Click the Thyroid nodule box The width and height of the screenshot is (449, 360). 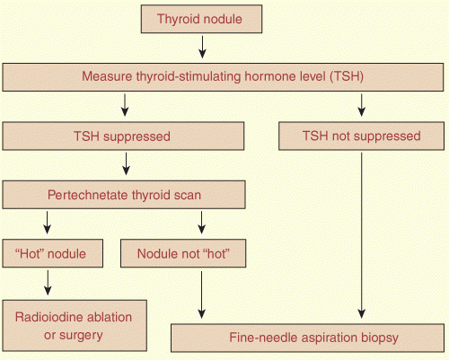coord(201,19)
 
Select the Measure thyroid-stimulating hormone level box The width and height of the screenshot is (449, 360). coord(223,77)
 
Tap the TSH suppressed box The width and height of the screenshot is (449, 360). coord(123,136)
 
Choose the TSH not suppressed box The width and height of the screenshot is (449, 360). coord(361,136)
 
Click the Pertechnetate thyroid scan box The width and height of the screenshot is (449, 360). coord(124,195)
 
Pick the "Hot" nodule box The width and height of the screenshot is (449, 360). coord(53,253)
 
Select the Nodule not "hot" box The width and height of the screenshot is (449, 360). coord(183,253)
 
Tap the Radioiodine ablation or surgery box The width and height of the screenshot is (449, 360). coord(75,326)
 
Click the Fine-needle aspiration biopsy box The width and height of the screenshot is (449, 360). coord(307,338)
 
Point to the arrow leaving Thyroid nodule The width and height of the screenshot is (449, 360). coord(202,47)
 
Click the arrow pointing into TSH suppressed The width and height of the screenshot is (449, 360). coord(125,105)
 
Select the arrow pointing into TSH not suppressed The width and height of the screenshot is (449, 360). coord(362,105)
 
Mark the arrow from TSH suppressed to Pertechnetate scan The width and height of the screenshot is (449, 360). coord(126,164)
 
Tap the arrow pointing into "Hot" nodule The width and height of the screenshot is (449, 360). coord(47,223)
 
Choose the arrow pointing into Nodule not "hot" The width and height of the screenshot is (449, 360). coord(201,223)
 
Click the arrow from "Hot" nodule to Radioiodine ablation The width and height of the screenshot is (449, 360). coord(48,283)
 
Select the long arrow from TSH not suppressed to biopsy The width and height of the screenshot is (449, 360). coord(362,236)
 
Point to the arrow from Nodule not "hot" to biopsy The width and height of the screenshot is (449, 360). coord(201,295)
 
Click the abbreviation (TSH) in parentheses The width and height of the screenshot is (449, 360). coord(347,76)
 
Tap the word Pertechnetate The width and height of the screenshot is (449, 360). coord(88,195)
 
